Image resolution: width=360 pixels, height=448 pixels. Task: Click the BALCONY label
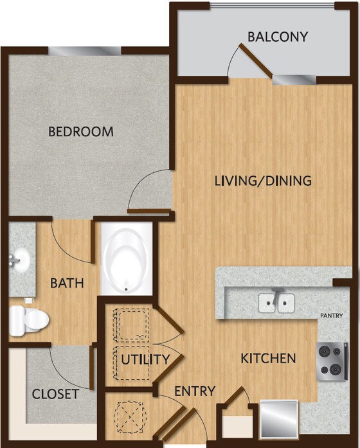pos(278,37)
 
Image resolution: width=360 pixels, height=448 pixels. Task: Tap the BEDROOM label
pos(81,132)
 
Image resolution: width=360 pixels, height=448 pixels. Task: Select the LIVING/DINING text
pos(263,181)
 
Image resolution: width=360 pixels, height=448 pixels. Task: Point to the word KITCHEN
pos(268,358)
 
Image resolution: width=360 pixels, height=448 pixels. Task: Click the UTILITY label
pos(145,359)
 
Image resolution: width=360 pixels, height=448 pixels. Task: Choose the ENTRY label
pos(194,391)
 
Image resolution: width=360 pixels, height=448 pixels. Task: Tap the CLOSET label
pos(55,394)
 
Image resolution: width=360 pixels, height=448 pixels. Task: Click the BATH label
pos(66,283)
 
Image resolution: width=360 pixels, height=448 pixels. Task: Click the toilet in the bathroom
pos(29,318)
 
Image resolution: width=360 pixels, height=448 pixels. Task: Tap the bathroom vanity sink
pos(21,260)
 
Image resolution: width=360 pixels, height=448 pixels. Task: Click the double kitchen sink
pos(276,302)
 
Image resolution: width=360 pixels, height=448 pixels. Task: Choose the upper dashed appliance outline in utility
pos(132,324)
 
